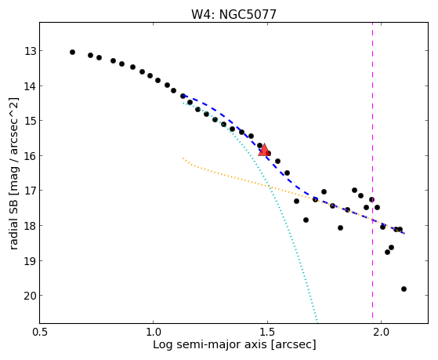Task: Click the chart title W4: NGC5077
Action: click(x=233, y=14)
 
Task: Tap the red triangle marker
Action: click(x=264, y=150)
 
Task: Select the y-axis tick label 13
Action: click(x=30, y=51)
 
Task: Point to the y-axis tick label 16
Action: click(x=30, y=156)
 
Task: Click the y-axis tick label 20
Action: click(x=30, y=296)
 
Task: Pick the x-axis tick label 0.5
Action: click(x=40, y=332)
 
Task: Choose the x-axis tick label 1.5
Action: click(x=267, y=332)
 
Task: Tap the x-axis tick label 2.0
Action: click(x=382, y=332)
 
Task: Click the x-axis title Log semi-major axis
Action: click(x=210, y=345)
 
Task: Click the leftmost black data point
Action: click(x=72, y=52)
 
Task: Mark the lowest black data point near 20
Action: click(x=404, y=289)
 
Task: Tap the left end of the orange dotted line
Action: click(x=183, y=158)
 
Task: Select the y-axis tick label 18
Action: click(x=30, y=226)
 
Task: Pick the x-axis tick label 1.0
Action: click(x=153, y=332)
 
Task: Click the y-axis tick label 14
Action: click(x=30, y=86)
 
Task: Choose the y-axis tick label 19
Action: click(x=30, y=260)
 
